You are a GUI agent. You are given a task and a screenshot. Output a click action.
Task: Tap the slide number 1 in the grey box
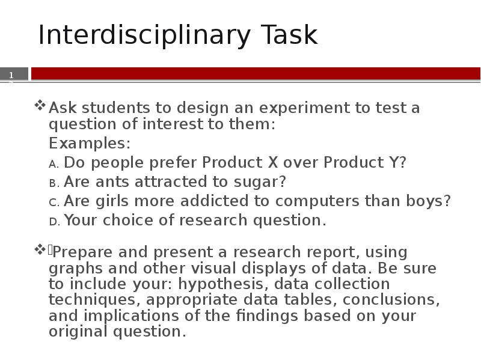tap(11, 75)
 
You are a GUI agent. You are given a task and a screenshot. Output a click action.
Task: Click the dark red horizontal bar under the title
tap(256, 73)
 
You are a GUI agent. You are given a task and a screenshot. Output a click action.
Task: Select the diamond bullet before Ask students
tap(40, 106)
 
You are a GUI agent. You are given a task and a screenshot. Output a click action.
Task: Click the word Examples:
tap(90, 144)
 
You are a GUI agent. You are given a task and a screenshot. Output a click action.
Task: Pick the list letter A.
tap(54, 163)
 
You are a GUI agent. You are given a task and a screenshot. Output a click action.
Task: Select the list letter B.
tap(54, 183)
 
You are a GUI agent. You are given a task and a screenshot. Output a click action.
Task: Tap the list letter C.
tap(54, 202)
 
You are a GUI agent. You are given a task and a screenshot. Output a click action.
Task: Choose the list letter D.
tap(54, 221)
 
